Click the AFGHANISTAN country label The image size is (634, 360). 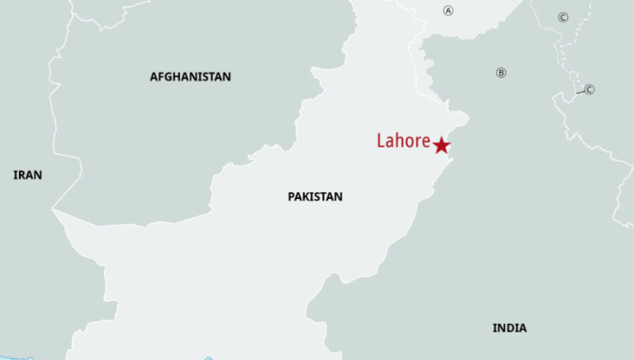pos(190,76)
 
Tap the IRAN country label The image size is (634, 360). pos(27,175)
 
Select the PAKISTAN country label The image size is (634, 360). pos(314,196)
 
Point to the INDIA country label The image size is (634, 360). pos(509,327)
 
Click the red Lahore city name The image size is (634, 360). pos(403,141)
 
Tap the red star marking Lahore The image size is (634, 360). pos(441,146)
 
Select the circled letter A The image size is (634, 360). pos(447,10)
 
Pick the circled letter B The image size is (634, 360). pos(501,73)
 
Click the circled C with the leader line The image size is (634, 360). pos(589,89)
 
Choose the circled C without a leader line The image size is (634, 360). pos(563,17)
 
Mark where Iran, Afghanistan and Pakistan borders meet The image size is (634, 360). pos(53,209)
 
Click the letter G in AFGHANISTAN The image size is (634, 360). pos(170,76)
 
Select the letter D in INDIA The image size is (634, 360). pos(509,327)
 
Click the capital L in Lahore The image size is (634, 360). pos(380,141)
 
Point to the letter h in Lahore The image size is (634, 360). pos(398,141)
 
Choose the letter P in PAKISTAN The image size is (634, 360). pos(291,196)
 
